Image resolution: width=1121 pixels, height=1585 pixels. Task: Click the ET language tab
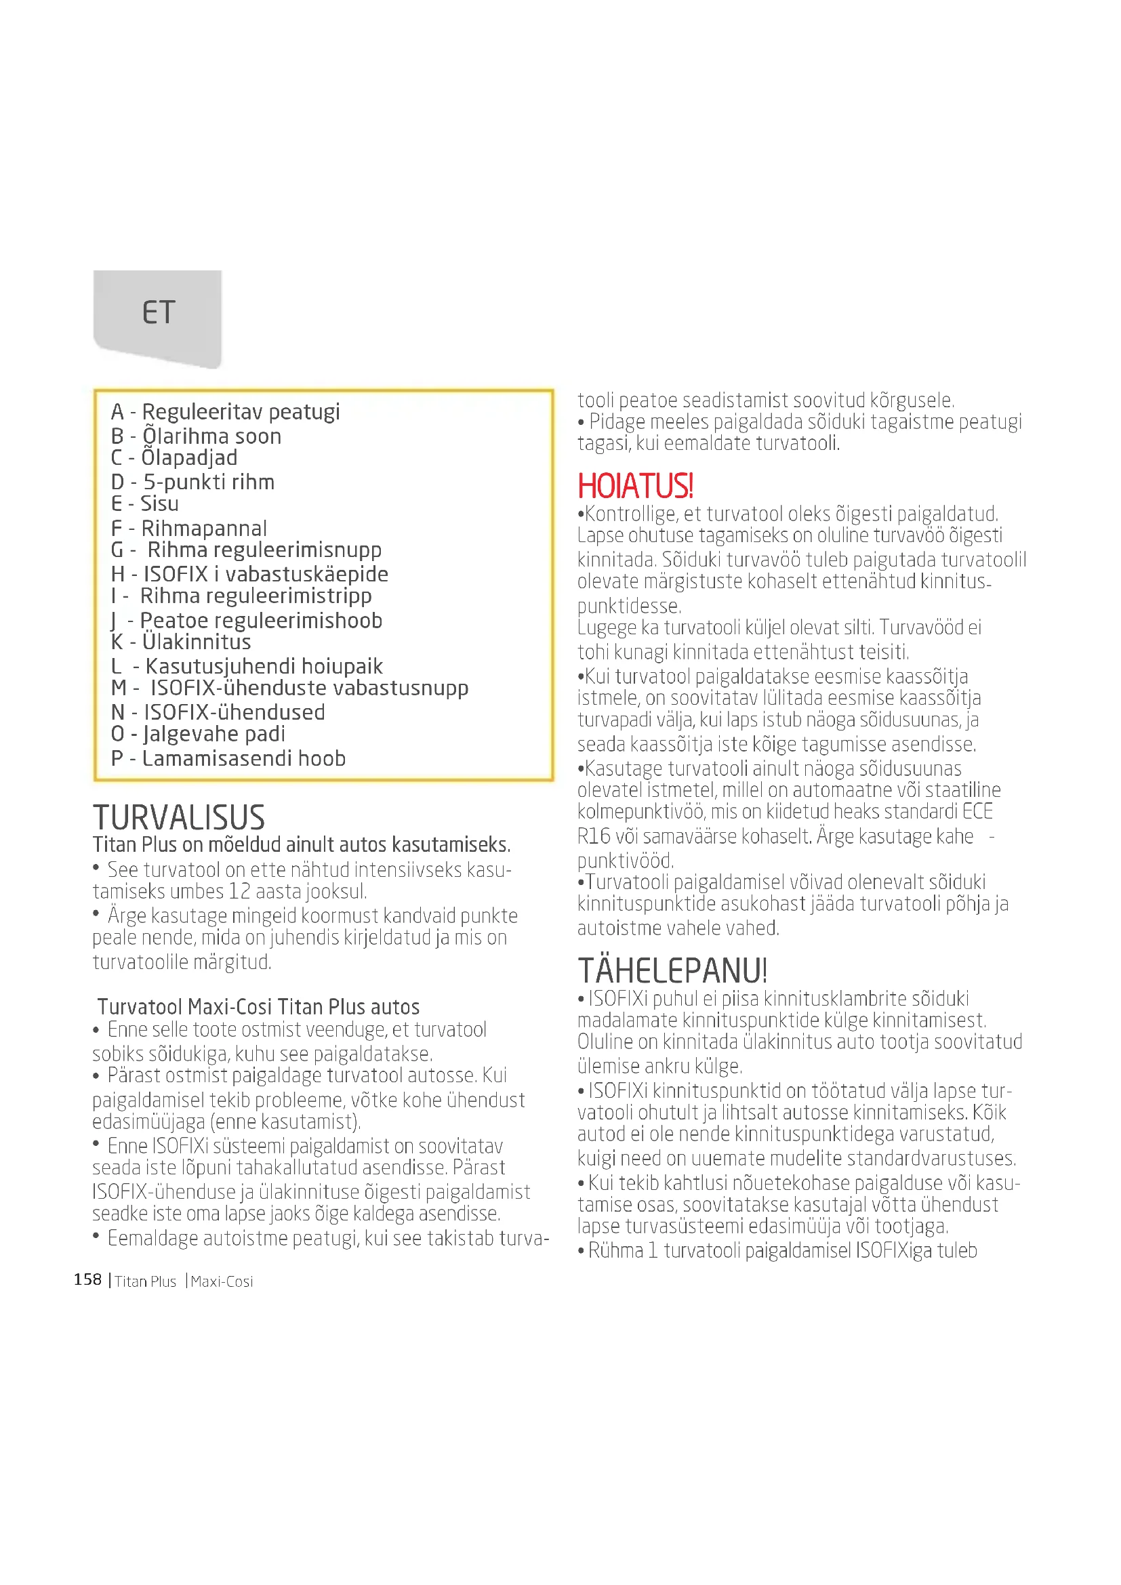point(158,312)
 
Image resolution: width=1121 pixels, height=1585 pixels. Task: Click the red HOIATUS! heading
point(635,486)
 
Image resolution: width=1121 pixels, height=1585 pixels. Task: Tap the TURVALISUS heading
point(179,818)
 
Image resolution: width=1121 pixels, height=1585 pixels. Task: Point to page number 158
point(87,1280)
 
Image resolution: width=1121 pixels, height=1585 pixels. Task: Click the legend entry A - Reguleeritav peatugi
point(225,412)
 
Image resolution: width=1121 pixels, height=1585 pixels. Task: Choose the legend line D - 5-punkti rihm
point(192,482)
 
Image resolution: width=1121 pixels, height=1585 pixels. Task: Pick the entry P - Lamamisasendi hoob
point(228,759)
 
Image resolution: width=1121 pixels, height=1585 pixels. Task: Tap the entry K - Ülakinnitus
point(181,642)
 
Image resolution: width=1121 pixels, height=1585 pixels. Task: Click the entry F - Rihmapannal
point(188,529)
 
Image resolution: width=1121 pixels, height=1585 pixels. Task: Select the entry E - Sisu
point(145,504)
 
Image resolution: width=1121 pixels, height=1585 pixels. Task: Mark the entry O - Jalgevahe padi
point(197,734)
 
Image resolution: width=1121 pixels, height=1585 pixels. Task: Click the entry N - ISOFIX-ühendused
point(218,712)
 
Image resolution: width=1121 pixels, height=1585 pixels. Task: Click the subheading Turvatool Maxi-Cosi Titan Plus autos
point(258,1007)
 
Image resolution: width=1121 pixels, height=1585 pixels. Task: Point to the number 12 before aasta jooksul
point(239,892)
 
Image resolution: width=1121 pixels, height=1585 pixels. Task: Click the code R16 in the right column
point(594,837)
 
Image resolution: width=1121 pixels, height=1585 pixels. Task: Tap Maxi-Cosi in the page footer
point(222,1281)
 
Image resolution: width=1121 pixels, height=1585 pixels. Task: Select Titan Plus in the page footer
point(146,1281)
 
